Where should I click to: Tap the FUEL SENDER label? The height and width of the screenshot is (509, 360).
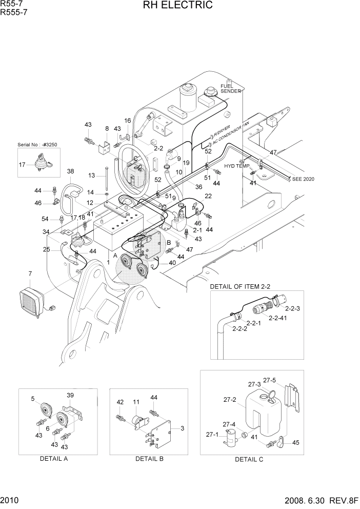click(230, 88)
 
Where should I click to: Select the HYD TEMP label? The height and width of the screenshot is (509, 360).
click(236, 166)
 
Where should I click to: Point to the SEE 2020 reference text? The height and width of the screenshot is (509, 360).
click(303, 179)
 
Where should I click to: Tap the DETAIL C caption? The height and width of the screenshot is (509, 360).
click(249, 459)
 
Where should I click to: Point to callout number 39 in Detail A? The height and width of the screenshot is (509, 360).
click(70, 395)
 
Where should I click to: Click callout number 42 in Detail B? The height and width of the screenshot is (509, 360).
click(120, 402)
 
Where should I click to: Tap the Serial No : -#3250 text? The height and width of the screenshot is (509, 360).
click(38, 145)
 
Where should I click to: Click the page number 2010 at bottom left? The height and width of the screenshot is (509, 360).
click(9, 500)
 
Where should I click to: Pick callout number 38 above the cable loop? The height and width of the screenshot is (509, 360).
click(70, 171)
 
